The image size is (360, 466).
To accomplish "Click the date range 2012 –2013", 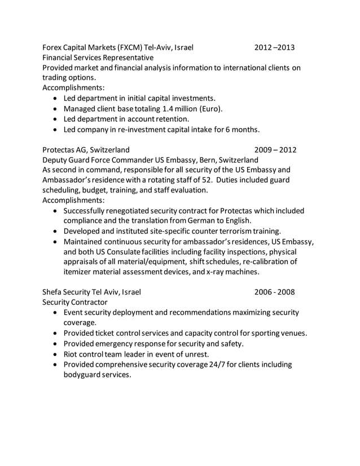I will pos(274,47).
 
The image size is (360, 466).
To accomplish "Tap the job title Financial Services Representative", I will pos(98,58).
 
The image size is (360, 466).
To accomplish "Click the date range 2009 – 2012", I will pos(275,150).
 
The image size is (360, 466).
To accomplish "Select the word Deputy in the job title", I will pos(57,160).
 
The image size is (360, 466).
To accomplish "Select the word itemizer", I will pos(80,271).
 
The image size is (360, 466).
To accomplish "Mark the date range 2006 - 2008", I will pos(274,292).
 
